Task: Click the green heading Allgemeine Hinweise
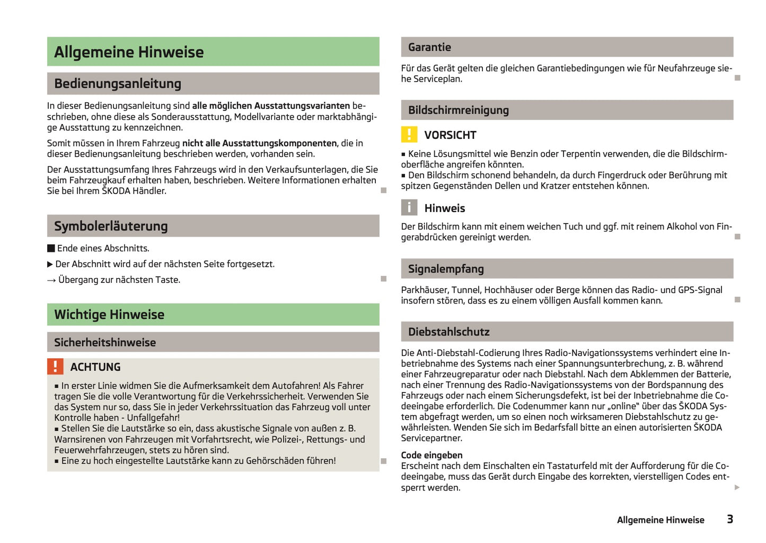(129, 52)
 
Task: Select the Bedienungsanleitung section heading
(118, 84)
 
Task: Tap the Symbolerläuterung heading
(111, 226)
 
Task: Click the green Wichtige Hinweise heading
(109, 315)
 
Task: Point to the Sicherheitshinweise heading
(105, 342)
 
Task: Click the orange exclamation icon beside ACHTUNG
(55, 367)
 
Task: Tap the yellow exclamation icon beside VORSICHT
(409, 135)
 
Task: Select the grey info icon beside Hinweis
(409, 208)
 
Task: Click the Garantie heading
(429, 47)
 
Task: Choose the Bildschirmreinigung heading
(459, 110)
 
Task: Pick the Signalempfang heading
(446, 269)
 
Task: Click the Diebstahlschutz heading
(449, 332)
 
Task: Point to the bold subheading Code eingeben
(432, 455)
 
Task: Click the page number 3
(730, 519)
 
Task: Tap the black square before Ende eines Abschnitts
(51, 248)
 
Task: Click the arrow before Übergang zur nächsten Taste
(51, 280)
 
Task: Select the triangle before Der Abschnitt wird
(50, 264)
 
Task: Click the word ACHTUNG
(95, 367)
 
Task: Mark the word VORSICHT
(450, 135)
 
